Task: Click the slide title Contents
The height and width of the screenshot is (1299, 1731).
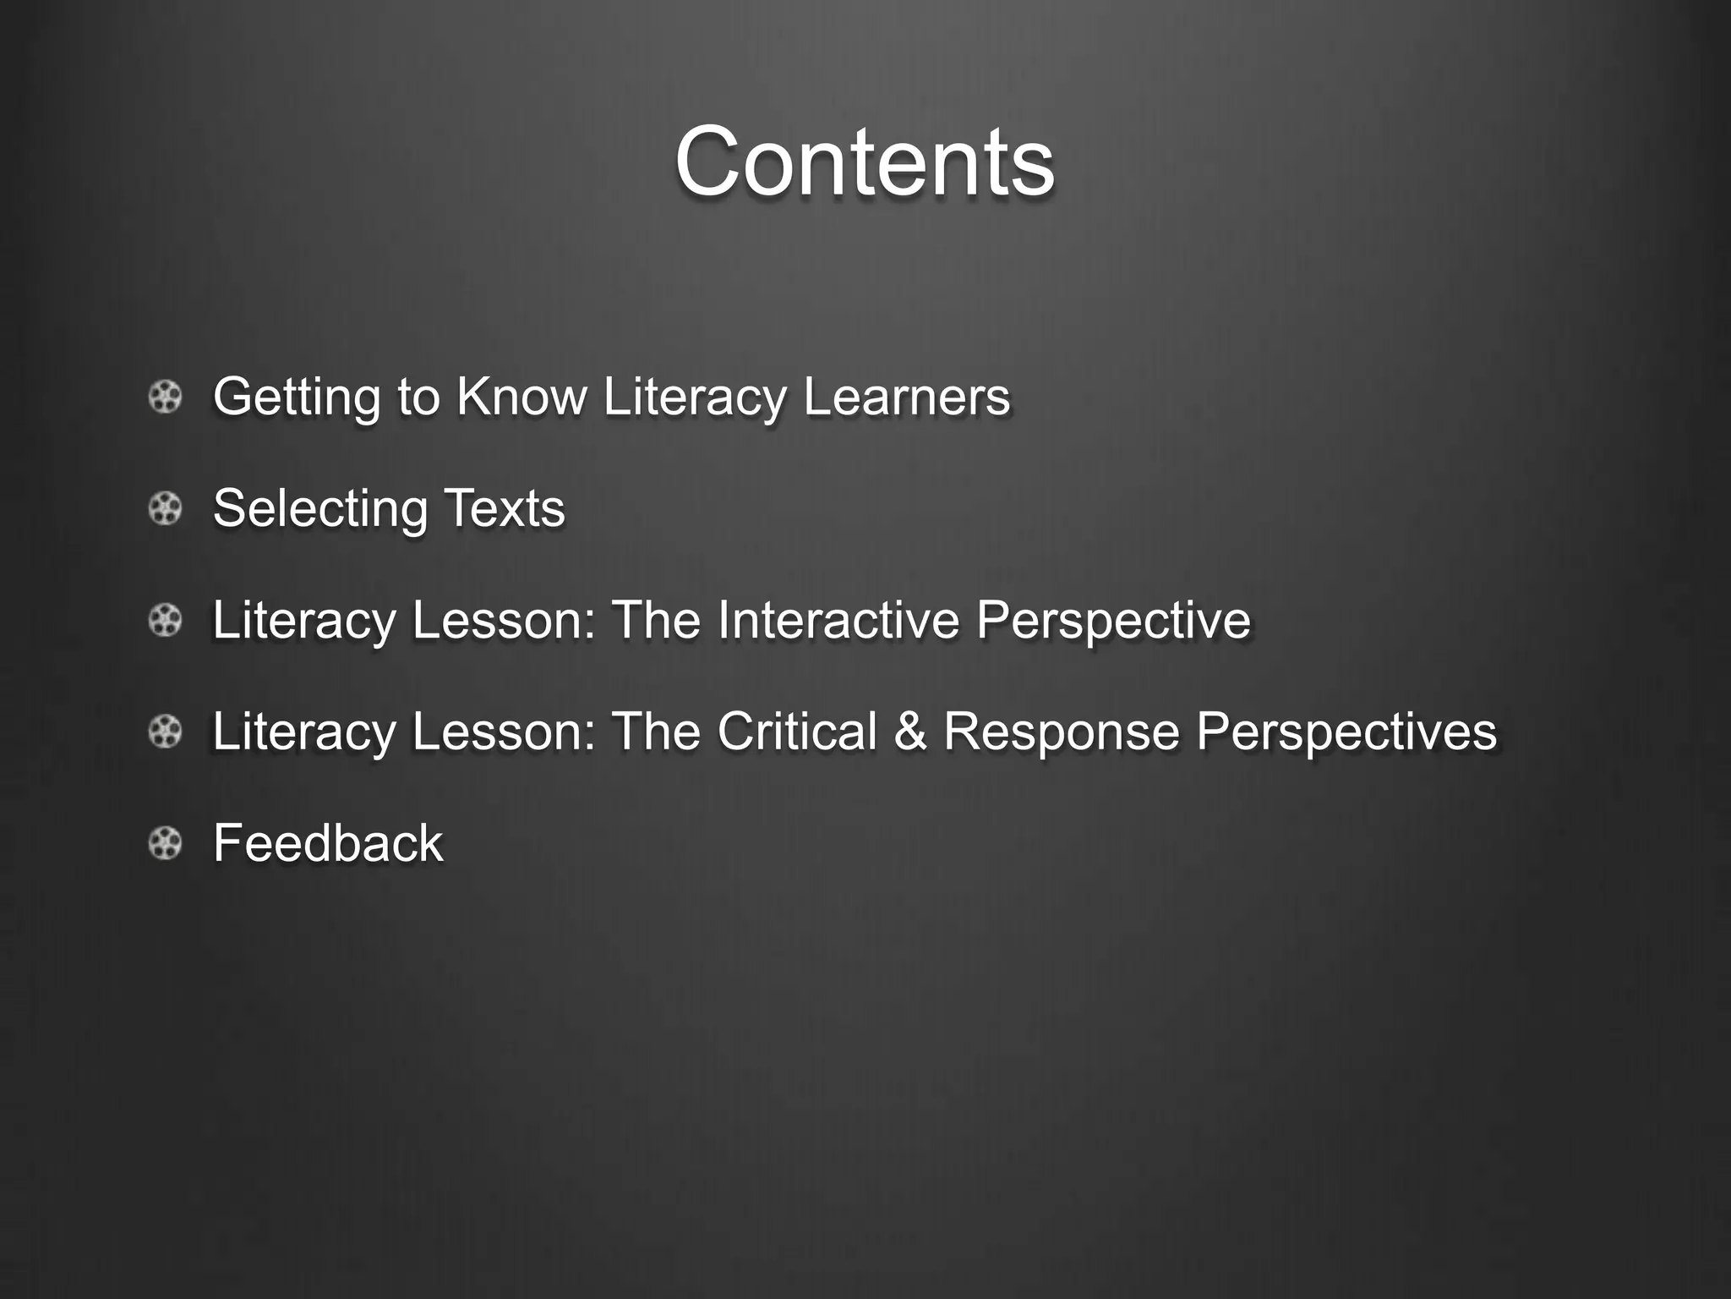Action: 865,162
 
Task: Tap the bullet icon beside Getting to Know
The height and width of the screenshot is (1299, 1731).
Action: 165,397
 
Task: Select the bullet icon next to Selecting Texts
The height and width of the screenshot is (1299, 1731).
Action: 165,508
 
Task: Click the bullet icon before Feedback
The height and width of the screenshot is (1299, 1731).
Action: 165,843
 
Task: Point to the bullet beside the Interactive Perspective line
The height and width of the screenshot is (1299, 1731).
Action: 165,620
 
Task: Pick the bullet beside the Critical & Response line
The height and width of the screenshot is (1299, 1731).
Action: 165,732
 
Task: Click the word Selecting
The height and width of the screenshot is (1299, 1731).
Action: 320,508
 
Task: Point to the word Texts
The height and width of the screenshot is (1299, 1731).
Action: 505,507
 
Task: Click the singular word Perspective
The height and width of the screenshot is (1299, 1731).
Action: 1113,621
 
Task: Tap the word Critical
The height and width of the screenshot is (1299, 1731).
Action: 797,731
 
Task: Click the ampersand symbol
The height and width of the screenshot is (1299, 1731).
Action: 909,731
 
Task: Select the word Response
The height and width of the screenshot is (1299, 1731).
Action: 1061,732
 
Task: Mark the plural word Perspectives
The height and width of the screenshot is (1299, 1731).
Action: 1346,732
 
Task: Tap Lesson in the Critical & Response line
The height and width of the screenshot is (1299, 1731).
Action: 505,731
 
